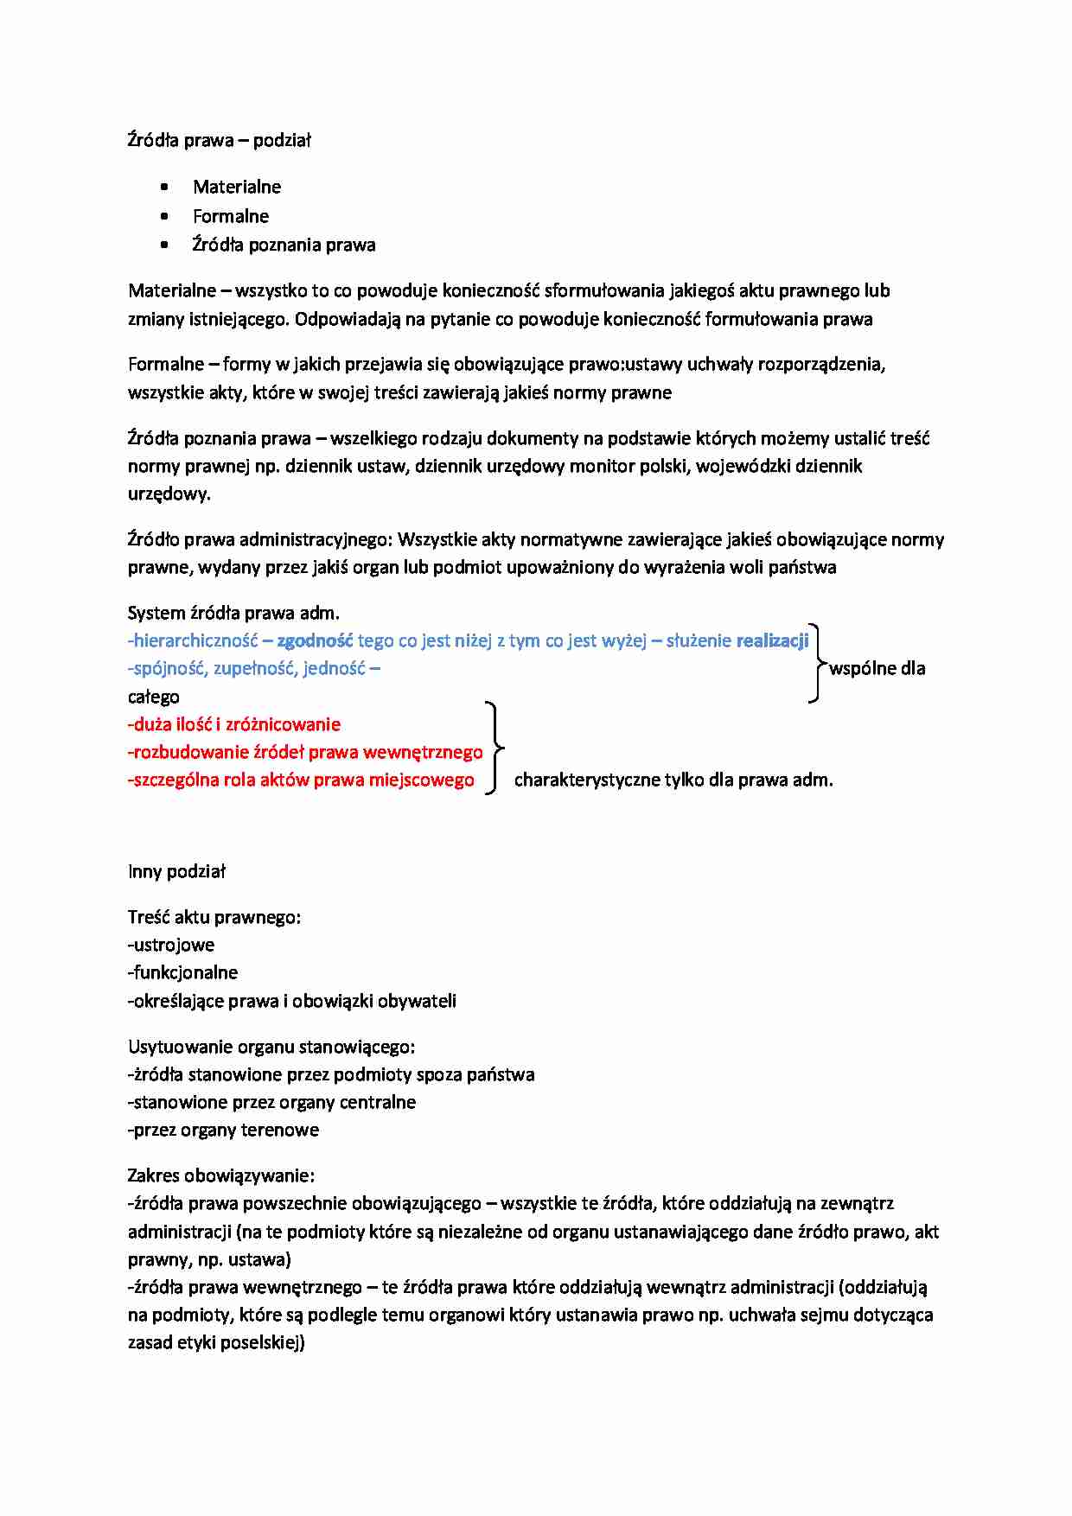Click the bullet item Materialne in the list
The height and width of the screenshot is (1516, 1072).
click(237, 187)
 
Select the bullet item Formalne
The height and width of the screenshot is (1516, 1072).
click(231, 216)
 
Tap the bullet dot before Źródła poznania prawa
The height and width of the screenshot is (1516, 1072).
click(165, 245)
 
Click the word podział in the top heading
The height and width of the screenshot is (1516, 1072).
click(282, 140)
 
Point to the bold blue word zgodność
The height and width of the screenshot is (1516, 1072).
click(315, 640)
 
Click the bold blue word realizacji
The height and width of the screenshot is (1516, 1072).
click(772, 640)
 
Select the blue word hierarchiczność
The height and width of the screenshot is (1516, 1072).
click(195, 640)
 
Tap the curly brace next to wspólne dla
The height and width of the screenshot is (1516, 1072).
click(816, 663)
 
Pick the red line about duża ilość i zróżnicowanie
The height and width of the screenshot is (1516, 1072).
click(234, 724)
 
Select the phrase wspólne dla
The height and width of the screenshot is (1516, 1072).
click(877, 668)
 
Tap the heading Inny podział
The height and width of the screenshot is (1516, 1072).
click(176, 871)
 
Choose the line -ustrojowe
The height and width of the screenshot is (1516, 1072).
click(171, 945)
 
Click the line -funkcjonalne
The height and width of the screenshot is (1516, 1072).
click(182, 972)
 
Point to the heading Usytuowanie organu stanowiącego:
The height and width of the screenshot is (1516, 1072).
click(271, 1047)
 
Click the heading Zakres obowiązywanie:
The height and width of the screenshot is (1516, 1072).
click(221, 1175)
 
